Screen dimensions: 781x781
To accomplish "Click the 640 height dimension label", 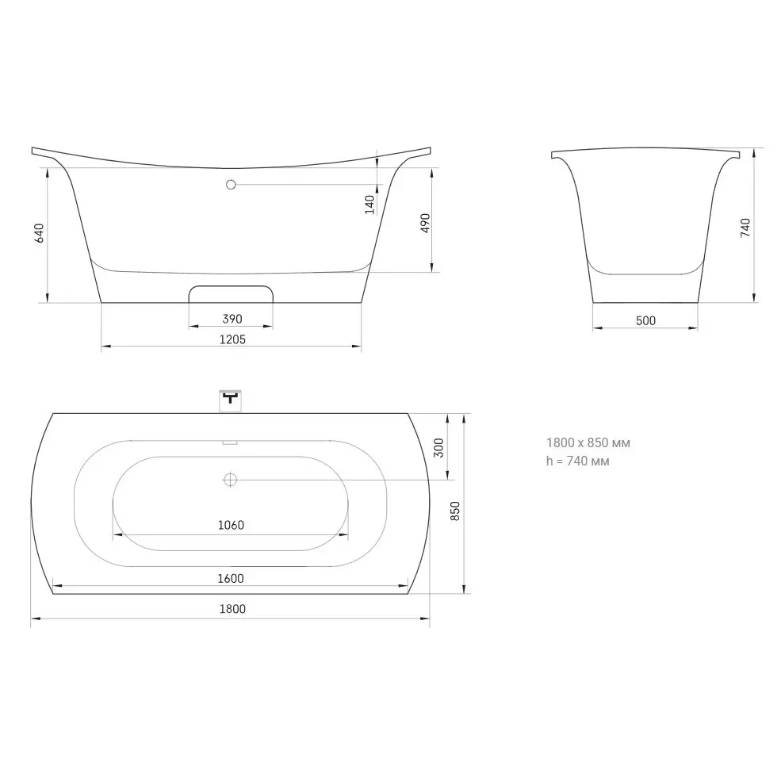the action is click(x=39, y=233).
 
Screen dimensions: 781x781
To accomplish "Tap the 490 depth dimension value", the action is click(x=425, y=223).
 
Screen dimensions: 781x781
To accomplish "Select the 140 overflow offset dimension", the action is click(x=369, y=205).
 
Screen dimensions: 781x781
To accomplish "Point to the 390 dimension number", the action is click(x=232, y=319).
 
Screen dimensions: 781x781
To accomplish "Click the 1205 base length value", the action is click(x=232, y=339).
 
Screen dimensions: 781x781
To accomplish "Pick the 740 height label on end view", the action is click(x=745, y=228).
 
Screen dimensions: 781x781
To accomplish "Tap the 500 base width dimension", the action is click(x=645, y=321).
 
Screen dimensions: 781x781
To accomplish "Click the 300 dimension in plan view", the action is click(x=438, y=448).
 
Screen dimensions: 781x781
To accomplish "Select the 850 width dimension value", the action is click(x=455, y=511).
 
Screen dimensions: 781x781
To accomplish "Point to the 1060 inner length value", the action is click(x=231, y=525).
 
